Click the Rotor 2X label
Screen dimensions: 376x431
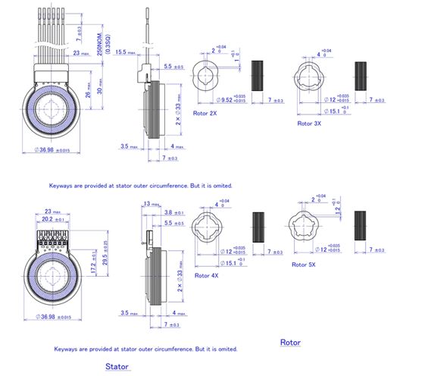[205, 114]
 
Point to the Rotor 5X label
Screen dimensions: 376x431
[301, 264]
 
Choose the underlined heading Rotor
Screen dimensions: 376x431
[290, 343]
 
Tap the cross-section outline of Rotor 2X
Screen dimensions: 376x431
[207, 77]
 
